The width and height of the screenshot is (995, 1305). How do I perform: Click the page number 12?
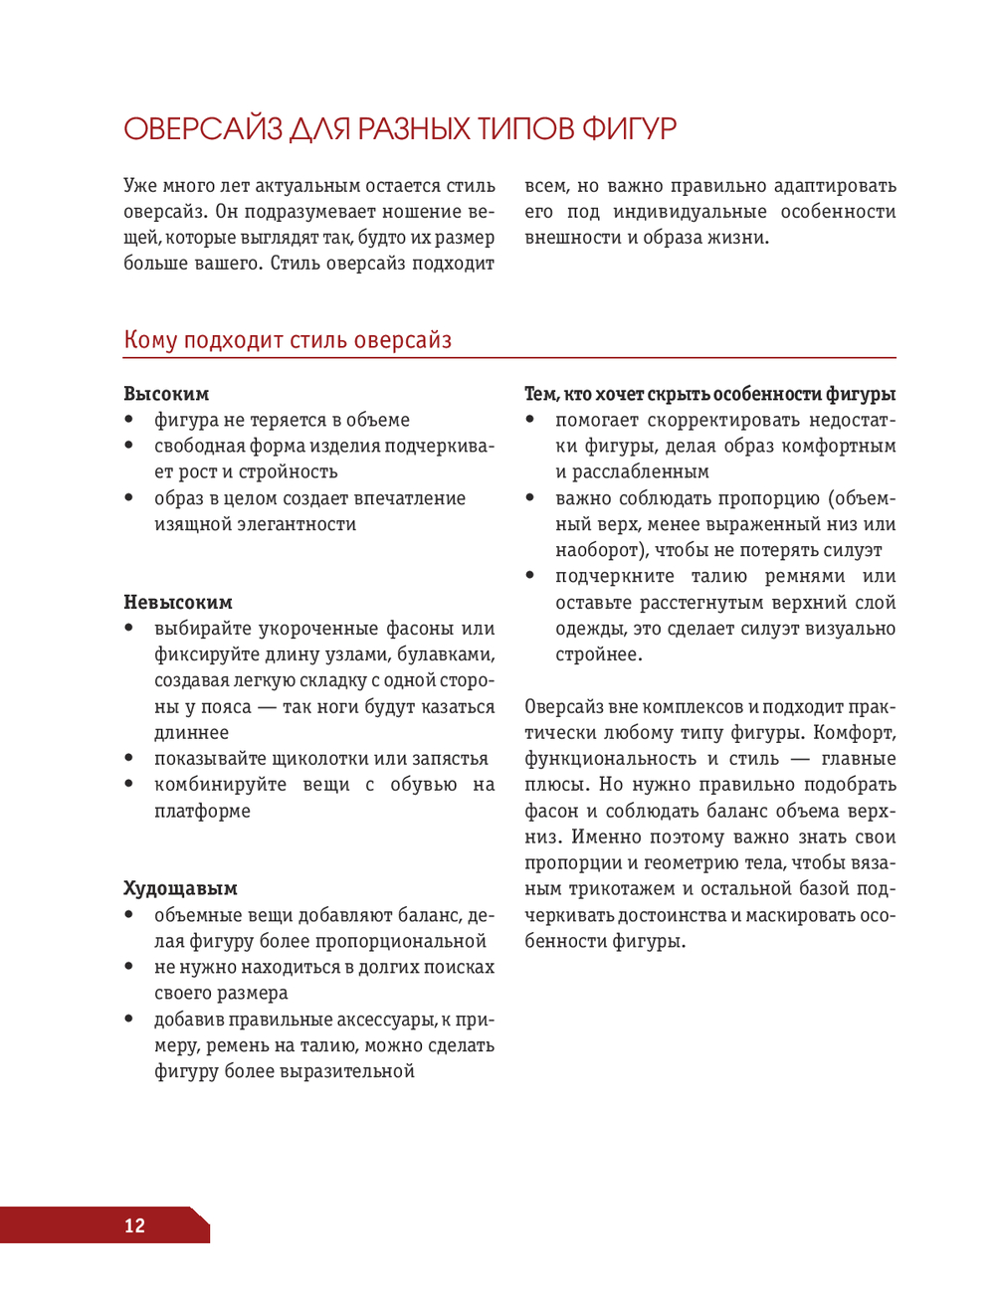(x=134, y=1225)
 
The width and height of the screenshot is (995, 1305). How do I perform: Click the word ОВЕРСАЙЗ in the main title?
(x=203, y=129)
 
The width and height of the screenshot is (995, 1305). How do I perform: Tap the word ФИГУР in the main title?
(x=628, y=129)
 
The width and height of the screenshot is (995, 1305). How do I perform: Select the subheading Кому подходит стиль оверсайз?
(x=288, y=340)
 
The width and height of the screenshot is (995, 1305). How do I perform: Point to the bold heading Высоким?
(x=166, y=394)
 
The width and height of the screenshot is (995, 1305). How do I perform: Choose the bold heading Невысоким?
(x=178, y=603)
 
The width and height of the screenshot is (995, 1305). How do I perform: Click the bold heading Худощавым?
(x=180, y=889)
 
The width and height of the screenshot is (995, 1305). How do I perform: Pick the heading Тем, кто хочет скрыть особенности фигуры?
(x=709, y=394)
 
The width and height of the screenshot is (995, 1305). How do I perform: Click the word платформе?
(x=202, y=812)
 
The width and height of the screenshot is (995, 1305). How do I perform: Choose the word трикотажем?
(x=621, y=889)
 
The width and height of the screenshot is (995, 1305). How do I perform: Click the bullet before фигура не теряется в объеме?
(x=129, y=420)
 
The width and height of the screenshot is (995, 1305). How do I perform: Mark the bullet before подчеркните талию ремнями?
(x=531, y=576)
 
